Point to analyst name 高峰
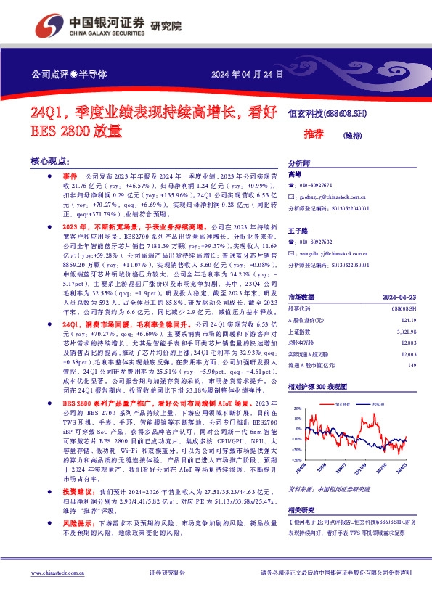click(x=294, y=175)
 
